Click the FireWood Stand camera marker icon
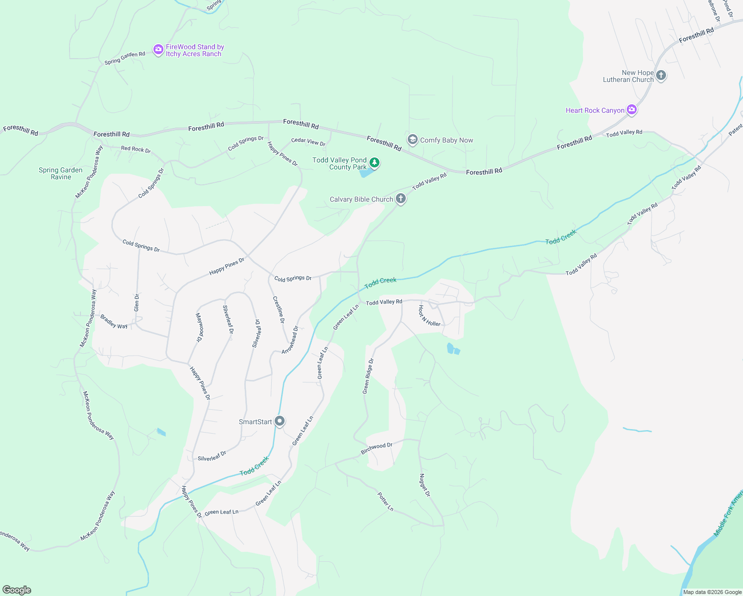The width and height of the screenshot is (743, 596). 158,49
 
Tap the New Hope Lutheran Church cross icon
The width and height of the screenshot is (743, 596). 661,75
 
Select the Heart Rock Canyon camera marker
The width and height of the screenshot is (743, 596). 632,110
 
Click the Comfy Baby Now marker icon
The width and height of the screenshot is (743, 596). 412,140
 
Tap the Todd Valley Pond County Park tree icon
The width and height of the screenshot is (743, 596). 374,162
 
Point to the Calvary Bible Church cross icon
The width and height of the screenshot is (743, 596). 401,199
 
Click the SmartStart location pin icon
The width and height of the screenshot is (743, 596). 280,421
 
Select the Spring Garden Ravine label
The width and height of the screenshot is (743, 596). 61,173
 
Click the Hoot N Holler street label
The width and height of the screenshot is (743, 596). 429,316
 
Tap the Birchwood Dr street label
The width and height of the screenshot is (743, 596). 376,448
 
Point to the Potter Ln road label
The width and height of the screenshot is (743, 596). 385,502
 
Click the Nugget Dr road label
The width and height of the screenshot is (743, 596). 425,485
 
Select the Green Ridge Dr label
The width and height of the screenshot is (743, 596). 368,376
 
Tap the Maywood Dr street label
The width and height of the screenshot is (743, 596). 199,327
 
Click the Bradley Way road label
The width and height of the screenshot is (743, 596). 114,322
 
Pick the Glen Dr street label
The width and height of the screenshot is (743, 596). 137,302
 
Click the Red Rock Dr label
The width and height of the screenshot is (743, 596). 136,149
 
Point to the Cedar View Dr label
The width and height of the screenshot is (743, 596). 308,142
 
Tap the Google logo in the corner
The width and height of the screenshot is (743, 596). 17,590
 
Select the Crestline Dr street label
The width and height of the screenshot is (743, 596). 279,309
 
